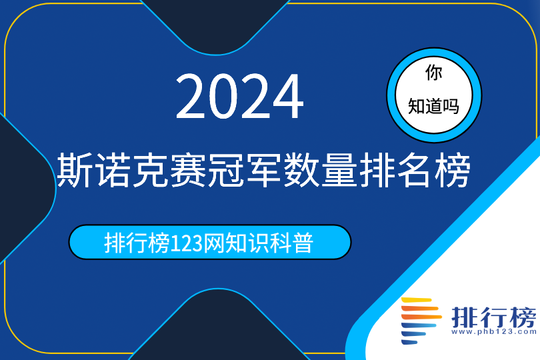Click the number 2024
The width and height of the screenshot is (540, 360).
[x=240, y=96]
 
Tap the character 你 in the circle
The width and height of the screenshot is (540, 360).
[x=433, y=73]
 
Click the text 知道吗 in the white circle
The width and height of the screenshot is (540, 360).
[x=433, y=106]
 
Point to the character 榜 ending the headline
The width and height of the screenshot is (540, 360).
[x=453, y=170]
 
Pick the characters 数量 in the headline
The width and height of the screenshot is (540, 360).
[x=321, y=170]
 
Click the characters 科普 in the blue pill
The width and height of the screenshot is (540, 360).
[x=292, y=243]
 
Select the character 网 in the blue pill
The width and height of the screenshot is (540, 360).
[x=213, y=243]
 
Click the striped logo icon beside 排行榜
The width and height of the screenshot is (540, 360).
[x=421, y=321]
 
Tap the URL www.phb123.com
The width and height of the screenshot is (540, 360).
[x=494, y=332]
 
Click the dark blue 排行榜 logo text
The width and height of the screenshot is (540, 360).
[x=494, y=317]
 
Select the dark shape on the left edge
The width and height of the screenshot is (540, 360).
[x=24, y=188]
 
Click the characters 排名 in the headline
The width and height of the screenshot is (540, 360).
[x=395, y=170]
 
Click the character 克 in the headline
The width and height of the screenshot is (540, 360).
[x=151, y=170]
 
